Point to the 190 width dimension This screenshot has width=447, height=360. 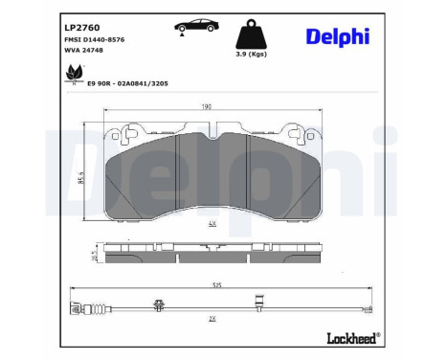coord(207,107)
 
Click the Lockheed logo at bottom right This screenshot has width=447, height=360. coord(352,337)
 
